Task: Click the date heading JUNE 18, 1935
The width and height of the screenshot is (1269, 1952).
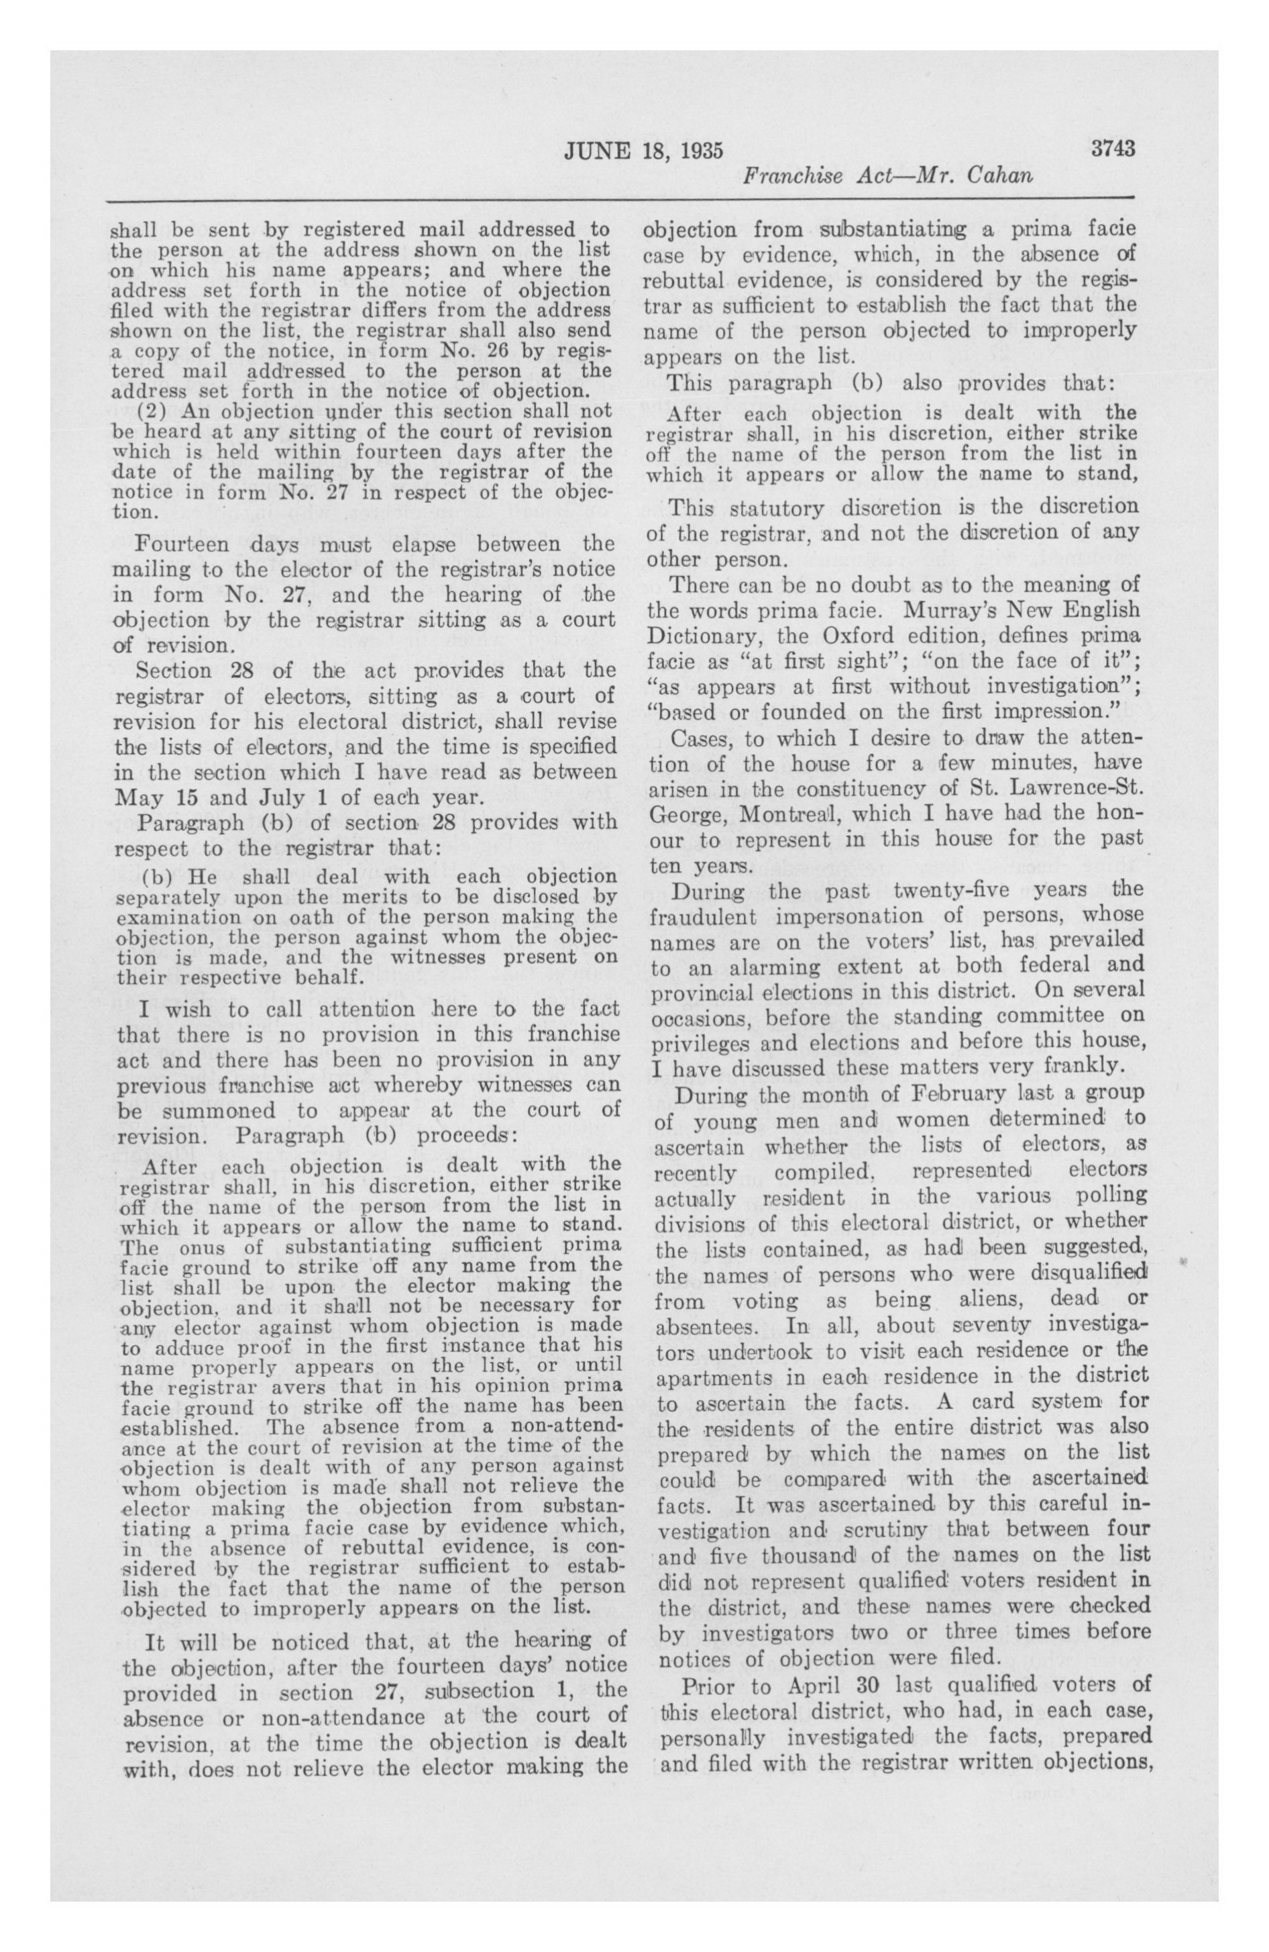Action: [643, 151]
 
